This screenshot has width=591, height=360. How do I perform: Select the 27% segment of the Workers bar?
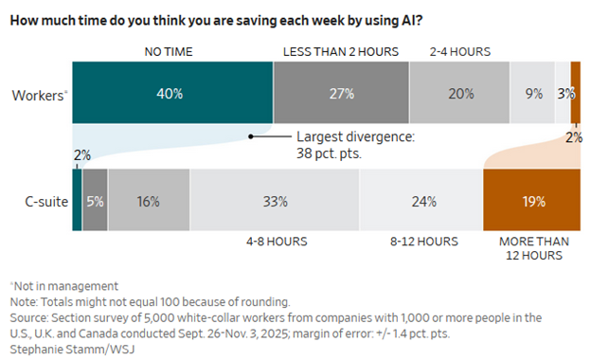point(341,95)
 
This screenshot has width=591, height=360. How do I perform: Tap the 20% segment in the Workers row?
point(459,95)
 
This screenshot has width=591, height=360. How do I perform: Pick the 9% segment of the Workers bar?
point(532,95)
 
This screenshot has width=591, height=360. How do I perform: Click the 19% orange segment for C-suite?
point(531,201)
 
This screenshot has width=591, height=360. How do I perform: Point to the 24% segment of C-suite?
point(421,201)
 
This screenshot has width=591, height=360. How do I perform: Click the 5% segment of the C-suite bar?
point(96,201)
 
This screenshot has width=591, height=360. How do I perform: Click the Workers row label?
point(39,95)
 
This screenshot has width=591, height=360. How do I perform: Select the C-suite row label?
point(42,201)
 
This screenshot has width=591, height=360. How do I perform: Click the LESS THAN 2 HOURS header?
point(341,51)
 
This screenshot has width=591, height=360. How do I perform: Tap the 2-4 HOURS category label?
point(460,51)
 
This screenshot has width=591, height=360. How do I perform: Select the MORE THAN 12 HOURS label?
point(531,248)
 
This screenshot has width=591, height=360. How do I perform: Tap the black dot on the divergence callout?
point(251,136)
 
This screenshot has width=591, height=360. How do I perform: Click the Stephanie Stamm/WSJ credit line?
point(61,351)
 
